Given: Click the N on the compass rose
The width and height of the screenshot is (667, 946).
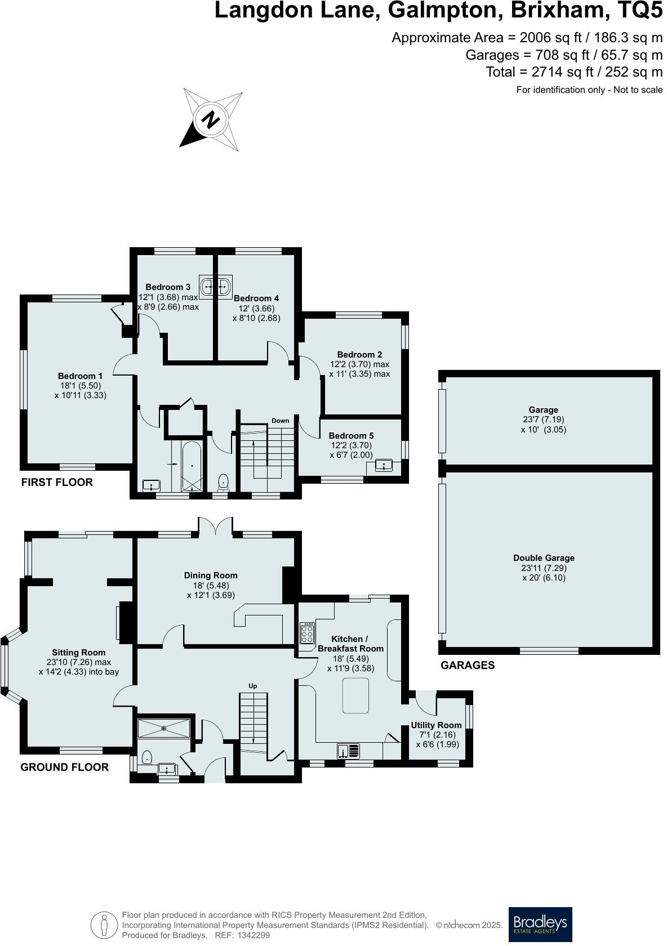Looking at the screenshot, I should (x=211, y=119).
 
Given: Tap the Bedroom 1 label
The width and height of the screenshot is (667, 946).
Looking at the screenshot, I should (x=80, y=376).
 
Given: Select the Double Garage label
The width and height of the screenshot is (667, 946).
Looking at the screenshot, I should (x=544, y=558).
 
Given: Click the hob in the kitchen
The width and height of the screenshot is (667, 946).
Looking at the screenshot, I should (x=308, y=632).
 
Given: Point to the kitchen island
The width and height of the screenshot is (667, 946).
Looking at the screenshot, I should (x=355, y=695).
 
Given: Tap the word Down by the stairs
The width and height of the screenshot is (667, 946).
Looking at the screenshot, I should (x=280, y=421).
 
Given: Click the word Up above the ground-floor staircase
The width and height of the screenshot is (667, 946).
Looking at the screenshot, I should (x=253, y=686).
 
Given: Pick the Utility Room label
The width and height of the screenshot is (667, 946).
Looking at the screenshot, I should (x=436, y=725).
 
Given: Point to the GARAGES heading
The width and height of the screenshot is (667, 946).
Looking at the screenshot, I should (x=467, y=665).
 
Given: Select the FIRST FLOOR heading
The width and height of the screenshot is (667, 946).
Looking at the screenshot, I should (x=57, y=482).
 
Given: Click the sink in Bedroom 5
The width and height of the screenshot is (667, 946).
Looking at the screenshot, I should (x=383, y=466).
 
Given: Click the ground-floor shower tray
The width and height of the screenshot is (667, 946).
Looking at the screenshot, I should (x=164, y=728).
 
